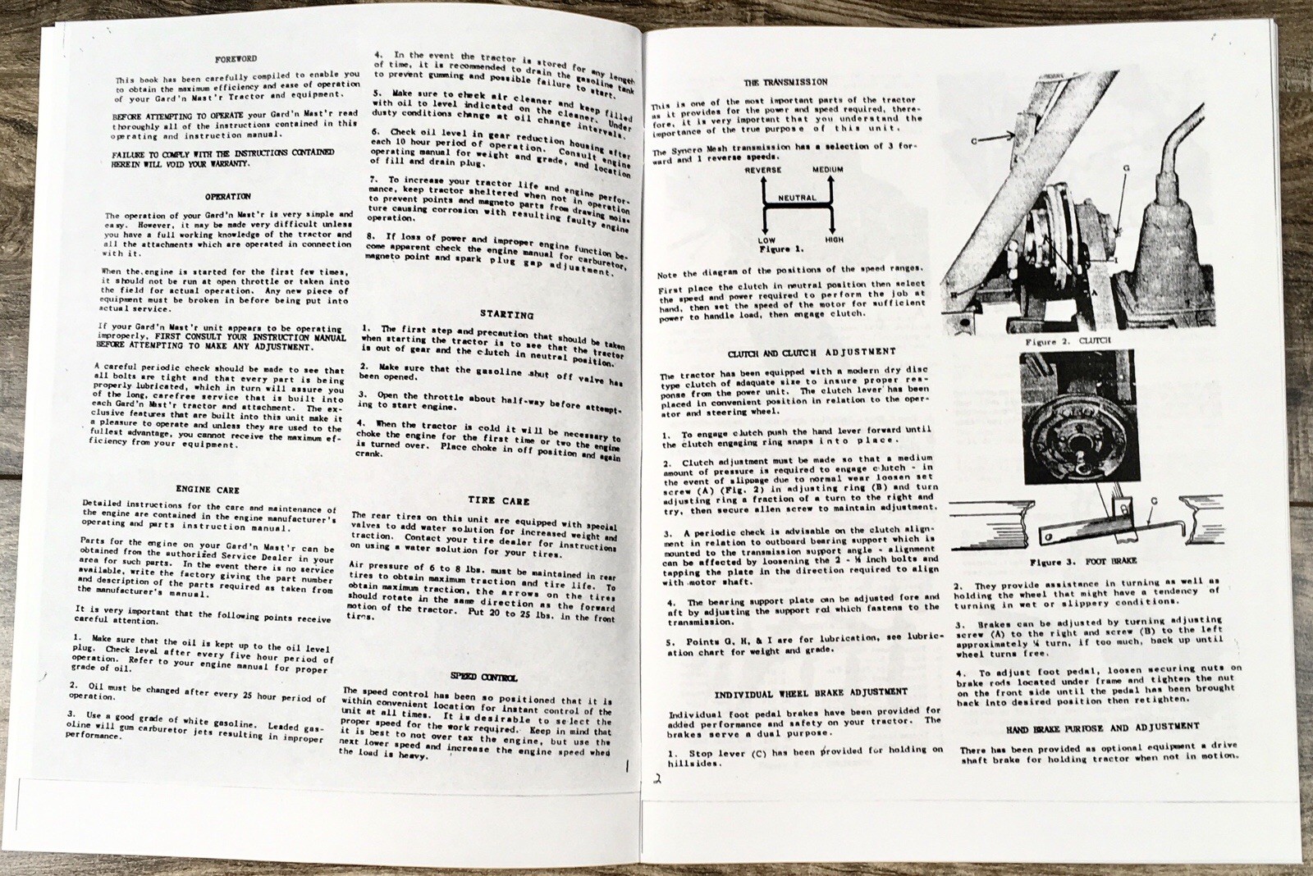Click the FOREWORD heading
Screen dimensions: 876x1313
click(x=236, y=59)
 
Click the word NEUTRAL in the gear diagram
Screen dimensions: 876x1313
click(x=797, y=198)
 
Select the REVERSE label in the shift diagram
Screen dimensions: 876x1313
click(x=763, y=170)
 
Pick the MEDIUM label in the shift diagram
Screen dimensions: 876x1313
click(x=827, y=170)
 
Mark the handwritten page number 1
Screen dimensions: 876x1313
click(x=626, y=769)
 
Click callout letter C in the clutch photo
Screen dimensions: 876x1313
click(x=973, y=141)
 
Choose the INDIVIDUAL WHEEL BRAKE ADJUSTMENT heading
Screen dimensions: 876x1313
click(x=810, y=692)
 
